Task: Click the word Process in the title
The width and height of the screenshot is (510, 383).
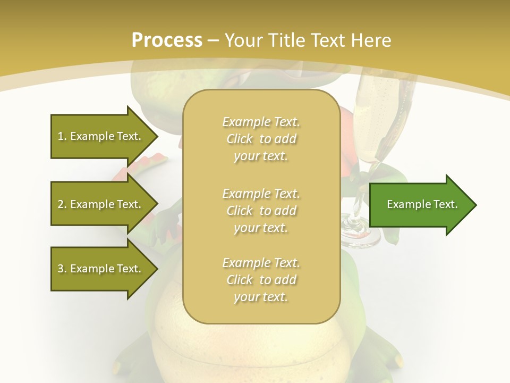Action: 167,40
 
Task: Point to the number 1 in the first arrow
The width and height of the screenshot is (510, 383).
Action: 61,136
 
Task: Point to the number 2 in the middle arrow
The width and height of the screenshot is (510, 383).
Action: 61,204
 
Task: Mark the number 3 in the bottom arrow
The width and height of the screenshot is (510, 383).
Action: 61,269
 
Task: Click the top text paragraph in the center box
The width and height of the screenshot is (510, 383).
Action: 261,139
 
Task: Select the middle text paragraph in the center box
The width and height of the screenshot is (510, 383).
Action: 261,211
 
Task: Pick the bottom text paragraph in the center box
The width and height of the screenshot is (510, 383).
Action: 261,280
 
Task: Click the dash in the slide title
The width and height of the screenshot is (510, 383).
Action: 213,41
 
